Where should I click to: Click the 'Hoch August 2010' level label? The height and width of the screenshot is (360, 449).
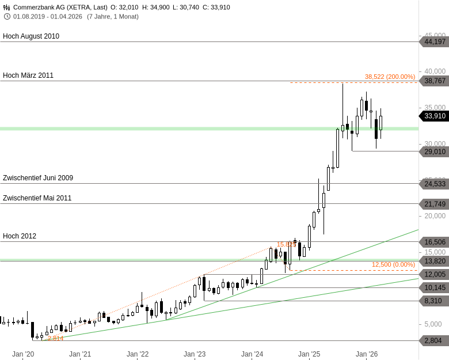31,36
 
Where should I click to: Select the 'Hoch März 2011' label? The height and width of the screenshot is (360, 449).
28,75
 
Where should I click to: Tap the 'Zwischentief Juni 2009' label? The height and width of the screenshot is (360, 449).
38,178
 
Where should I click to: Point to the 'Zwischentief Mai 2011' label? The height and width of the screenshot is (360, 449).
37,198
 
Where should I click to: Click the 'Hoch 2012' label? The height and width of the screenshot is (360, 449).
20,236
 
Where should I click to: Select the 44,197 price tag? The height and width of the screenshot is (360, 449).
435,41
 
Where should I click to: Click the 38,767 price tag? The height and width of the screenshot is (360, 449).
435,81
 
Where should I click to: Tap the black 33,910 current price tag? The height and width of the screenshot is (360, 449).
435,116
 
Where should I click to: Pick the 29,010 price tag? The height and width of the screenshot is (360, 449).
435,151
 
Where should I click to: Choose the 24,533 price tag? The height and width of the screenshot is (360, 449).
435,184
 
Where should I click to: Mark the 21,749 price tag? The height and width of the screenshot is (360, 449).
435,204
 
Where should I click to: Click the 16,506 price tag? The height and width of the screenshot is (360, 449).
435,242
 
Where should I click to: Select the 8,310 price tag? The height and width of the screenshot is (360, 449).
433,301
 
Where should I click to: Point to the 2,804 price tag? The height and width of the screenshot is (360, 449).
433,340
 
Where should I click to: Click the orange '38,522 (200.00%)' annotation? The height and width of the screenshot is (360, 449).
390,77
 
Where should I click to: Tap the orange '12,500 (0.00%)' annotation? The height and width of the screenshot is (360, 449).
393,264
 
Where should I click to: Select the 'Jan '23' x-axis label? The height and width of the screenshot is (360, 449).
195,354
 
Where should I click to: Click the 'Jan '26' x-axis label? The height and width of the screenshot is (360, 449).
366,354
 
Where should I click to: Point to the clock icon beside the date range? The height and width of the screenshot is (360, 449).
7,16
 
